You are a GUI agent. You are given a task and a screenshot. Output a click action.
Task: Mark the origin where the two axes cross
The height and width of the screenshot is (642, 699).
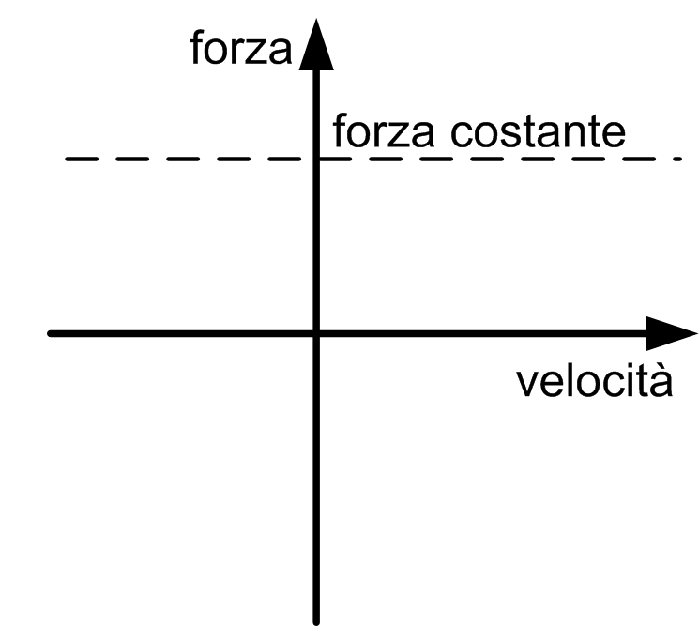[x=316, y=333]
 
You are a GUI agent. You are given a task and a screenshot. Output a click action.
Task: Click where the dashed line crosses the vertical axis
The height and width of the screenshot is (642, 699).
[x=316, y=159]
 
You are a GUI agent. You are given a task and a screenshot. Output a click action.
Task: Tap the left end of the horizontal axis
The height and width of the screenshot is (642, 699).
[x=51, y=333]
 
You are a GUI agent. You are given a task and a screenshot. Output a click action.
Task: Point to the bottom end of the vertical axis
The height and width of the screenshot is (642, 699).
[x=316, y=619]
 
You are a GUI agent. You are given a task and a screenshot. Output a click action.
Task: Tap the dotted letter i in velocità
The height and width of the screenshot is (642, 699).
[x=633, y=381]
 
